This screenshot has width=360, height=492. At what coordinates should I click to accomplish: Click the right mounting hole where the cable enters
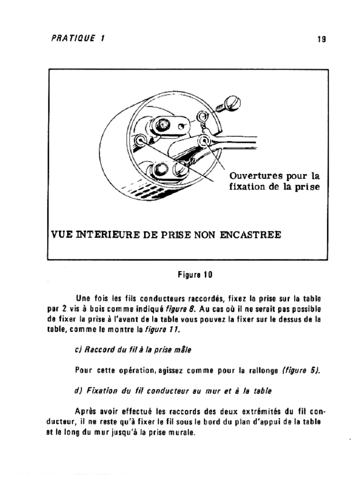pyautogui.click(x=206, y=140)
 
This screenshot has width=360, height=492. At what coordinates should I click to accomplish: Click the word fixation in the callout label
pyautogui.click(x=247, y=186)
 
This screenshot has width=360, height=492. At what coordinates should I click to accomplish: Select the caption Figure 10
pyautogui.click(x=195, y=275)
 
